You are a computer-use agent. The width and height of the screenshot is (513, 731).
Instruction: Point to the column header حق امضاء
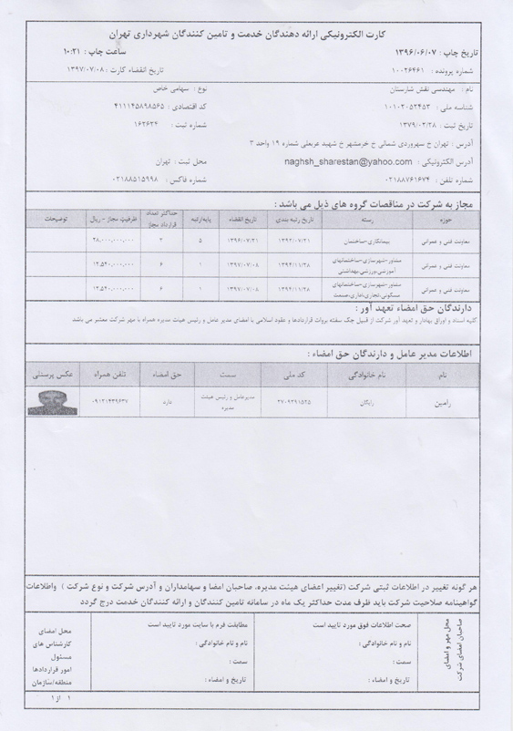[161, 374]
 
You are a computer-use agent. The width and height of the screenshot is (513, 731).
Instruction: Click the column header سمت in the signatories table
[223, 374]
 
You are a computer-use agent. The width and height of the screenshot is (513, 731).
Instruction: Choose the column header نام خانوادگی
[366, 374]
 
